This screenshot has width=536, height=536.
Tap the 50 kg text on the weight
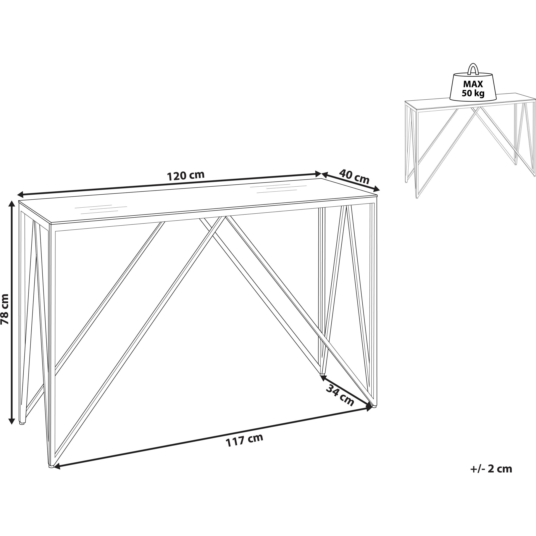pyautogui.click(x=473, y=94)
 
